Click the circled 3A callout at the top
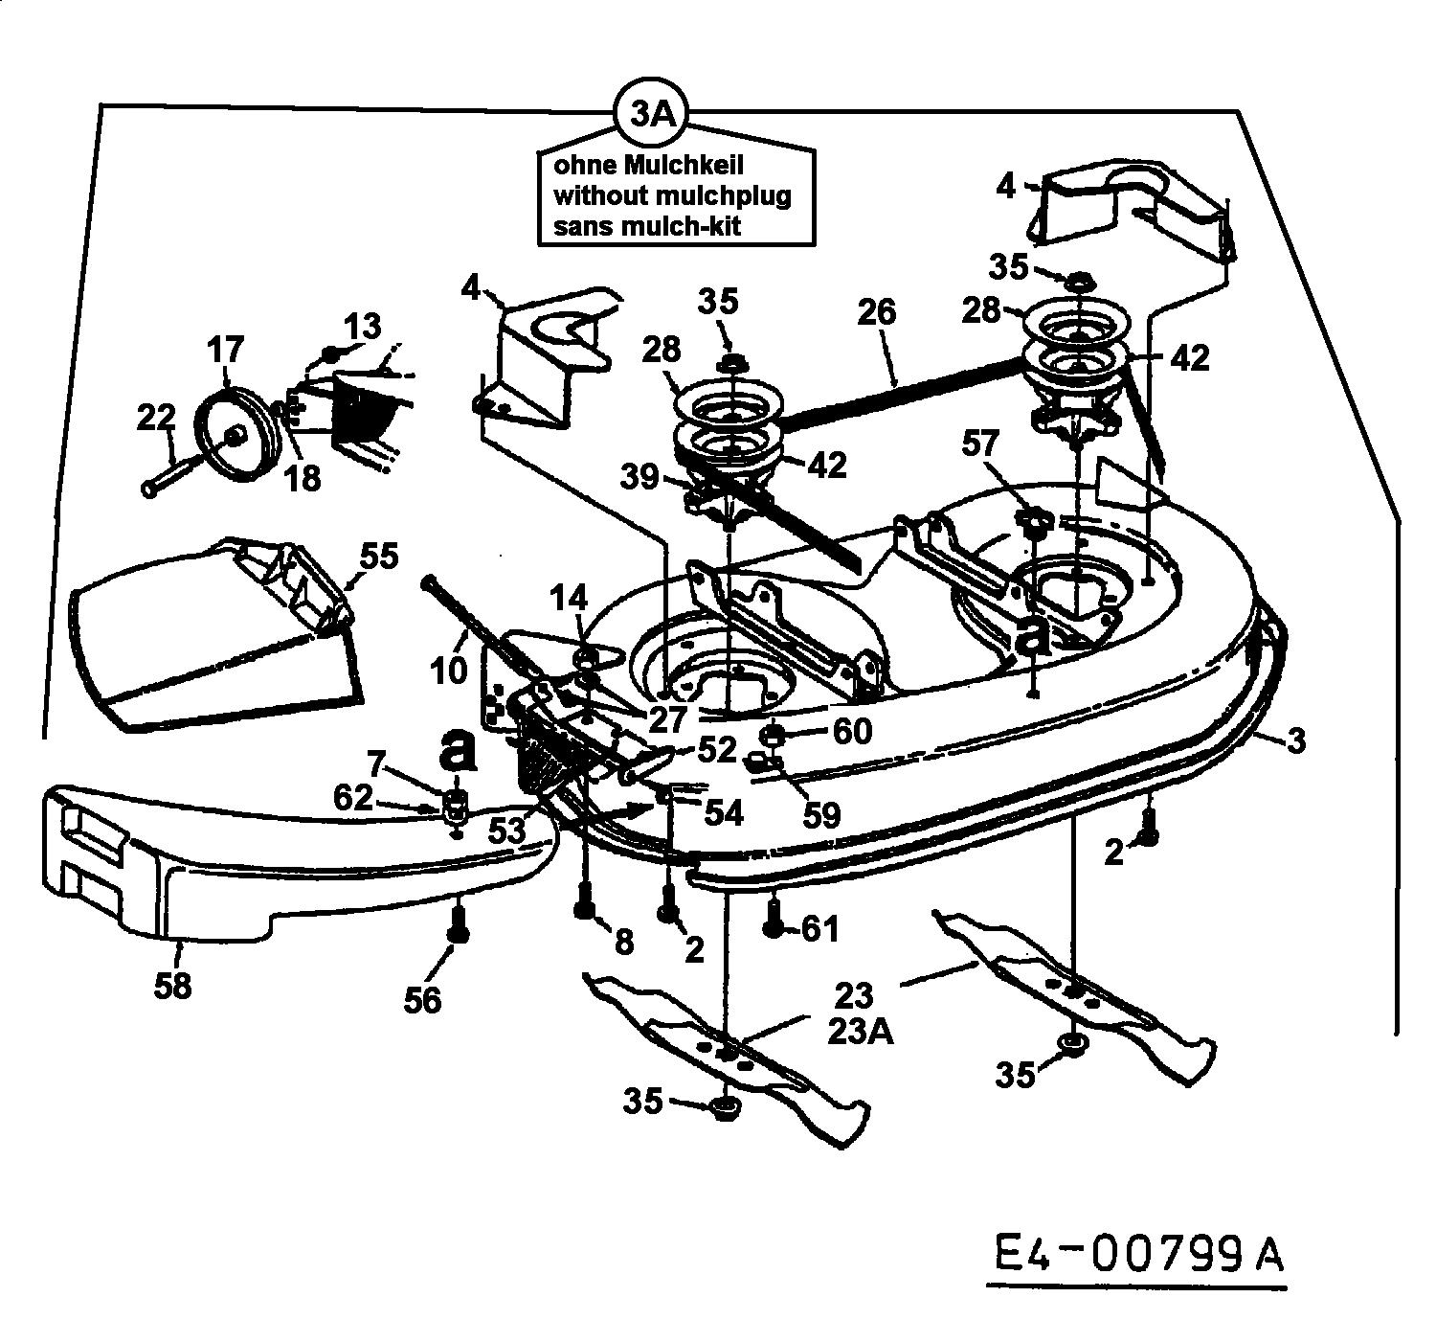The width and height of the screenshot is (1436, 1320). pos(652,116)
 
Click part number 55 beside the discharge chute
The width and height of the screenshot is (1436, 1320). pos(379,557)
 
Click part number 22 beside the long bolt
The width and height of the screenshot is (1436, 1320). pos(156,418)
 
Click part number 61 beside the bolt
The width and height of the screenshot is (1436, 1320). pos(820,927)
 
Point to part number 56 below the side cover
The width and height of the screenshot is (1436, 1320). pos(422,999)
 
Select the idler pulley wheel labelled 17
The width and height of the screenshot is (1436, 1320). pos(234,438)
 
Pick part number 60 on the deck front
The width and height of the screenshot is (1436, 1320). pos(851,733)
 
